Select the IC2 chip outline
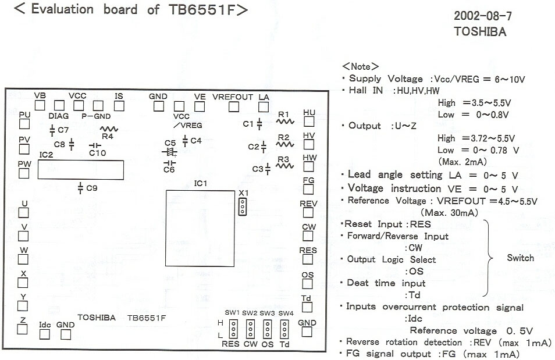point(80,170)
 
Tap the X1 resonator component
point(242,206)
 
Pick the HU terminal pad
point(309,122)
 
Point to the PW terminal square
point(24,173)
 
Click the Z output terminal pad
point(23,329)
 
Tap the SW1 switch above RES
point(233,330)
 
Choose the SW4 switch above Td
point(285,330)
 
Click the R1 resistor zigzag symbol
point(284,122)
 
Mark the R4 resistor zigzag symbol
point(108,130)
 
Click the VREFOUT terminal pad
point(234,106)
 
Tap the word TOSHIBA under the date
point(480,32)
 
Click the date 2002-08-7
point(482,16)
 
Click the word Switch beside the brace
point(520,258)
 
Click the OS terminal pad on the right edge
point(308,284)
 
